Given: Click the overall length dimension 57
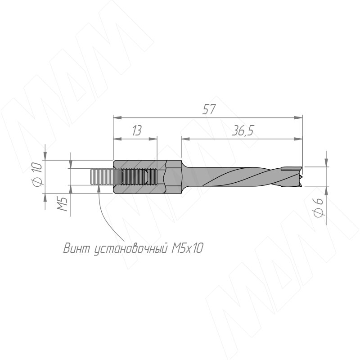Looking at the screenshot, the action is click(209, 109).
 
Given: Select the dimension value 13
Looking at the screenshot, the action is click(137, 130).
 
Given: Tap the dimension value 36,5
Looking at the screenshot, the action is click(243, 130).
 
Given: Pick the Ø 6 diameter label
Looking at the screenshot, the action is click(319, 207).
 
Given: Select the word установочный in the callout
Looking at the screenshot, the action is click(130, 248).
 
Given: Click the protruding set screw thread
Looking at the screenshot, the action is click(102, 177).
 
